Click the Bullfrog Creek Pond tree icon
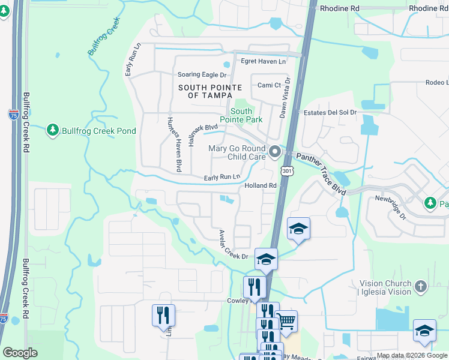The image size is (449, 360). point(53,130)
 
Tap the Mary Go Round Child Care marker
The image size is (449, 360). point(275,152)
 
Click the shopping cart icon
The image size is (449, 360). point(286,321)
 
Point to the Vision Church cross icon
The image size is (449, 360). point(421,287)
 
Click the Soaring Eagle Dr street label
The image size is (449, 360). point(202,75)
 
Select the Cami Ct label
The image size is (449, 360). point(269,85)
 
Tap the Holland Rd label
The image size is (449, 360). point(260,186)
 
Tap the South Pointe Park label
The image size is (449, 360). point(241,116)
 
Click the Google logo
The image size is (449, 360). point(20,353)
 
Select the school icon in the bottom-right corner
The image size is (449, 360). point(424,331)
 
